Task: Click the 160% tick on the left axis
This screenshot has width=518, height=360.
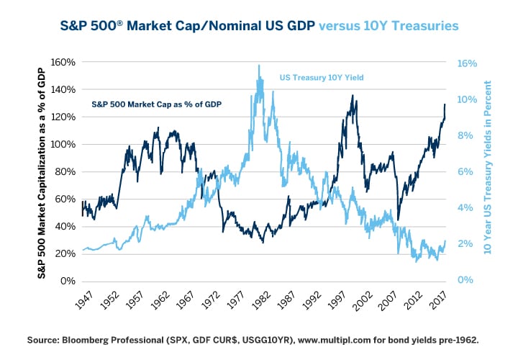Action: pyautogui.click(x=63, y=62)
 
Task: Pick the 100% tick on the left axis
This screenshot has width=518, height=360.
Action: pyautogui.click(x=63, y=144)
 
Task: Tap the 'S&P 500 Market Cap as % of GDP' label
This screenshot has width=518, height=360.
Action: pyautogui.click(x=155, y=104)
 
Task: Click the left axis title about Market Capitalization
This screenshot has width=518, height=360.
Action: pyautogui.click(x=42, y=171)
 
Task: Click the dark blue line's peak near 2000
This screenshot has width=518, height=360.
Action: pyautogui.click(x=353, y=95)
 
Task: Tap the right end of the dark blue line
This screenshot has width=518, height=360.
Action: pyautogui.click(x=445, y=104)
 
